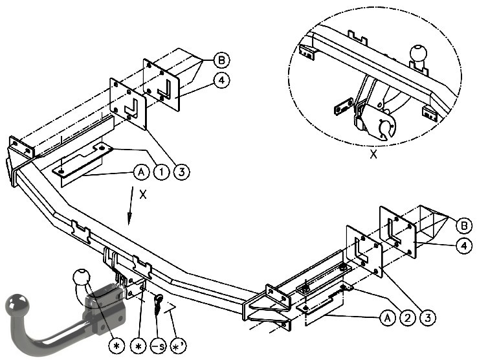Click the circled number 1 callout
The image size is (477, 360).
click(x=162, y=172)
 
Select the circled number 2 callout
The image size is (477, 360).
click(x=408, y=318)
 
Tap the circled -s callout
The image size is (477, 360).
click(x=159, y=346)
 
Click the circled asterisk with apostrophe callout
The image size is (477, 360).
click(x=179, y=346)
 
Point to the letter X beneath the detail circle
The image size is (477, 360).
click(x=373, y=154)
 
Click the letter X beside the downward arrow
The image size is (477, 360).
click(x=143, y=194)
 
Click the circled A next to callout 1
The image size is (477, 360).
click(x=142, y=172)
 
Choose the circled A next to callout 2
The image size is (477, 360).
click(x=388, y=318)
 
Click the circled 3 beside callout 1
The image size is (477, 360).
click(x=182, y=172)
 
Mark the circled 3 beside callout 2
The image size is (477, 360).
click(x=428, y=318)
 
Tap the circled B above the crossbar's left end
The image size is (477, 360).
click(x=221, y=60)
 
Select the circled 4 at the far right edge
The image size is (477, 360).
click(x=464, y=246)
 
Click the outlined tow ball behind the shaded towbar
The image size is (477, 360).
click(x=82, y=278)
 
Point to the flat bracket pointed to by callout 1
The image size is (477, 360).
click(x=83, y=160)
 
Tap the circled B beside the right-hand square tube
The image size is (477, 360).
click(x=464, y=226)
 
